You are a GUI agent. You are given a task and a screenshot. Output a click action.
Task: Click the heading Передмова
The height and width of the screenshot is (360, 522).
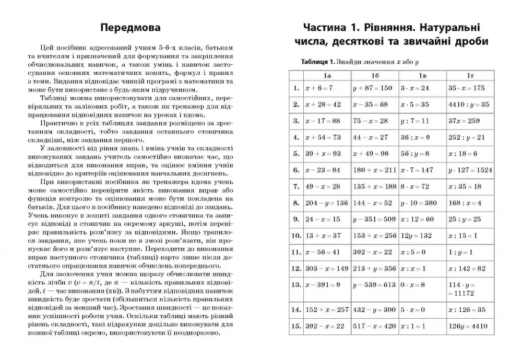130,28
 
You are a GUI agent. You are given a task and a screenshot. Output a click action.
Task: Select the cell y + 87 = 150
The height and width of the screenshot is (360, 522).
372,88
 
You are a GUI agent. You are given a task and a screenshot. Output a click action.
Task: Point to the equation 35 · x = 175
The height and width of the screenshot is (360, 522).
467,88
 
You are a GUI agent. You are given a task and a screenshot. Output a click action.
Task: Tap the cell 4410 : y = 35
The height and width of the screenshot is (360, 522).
469,104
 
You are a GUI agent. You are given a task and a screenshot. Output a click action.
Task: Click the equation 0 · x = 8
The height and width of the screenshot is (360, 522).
412,285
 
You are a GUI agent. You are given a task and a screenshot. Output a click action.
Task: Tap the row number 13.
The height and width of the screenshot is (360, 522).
296,285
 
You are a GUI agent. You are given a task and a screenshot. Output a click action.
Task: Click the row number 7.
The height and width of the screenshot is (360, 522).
296,187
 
